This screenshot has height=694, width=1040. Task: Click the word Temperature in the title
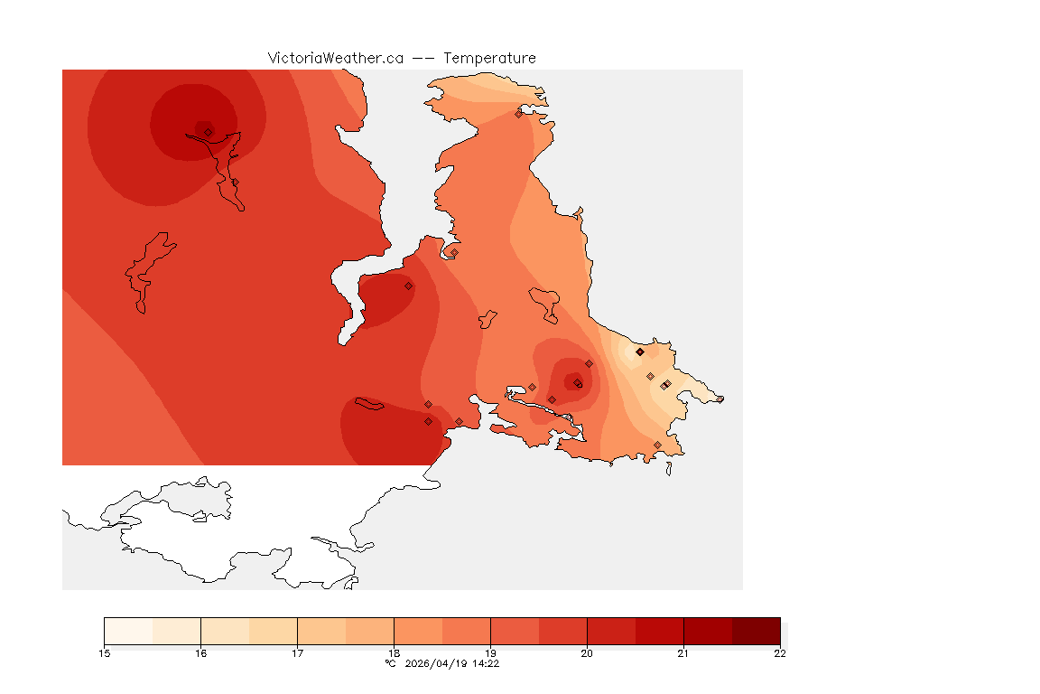click(489, 58)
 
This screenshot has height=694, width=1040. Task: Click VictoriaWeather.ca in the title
click(335, 58)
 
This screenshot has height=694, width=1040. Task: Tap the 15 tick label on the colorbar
click(105, 653)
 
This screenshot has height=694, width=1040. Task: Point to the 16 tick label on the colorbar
click(201, 653)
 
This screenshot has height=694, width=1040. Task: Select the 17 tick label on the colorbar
click(298, 653)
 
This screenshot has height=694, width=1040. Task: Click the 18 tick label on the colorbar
click(395, 653)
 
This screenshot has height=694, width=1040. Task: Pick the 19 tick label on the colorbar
click(491, 653)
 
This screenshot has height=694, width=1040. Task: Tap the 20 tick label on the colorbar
click(587, 653)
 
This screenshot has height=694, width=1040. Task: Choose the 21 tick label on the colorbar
click(683, 653)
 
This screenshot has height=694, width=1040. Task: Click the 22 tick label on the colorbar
click(780, 653)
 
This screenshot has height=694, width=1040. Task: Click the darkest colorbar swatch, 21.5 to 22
click(756, 631)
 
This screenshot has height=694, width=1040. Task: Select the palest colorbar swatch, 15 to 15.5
click(129, 631)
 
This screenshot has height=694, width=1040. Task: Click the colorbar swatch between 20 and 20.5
click(611, 631)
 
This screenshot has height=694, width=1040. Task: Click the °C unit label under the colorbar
click(390, 663)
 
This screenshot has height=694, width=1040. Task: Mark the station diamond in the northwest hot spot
click(209, 132)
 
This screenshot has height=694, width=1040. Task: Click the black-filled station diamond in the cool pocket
click(640, 352)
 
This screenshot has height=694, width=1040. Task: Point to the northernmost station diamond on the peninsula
click(519, 114)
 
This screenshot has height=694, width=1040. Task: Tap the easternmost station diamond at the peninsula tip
click(720, 399)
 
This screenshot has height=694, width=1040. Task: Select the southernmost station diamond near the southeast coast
click(657, 445)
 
